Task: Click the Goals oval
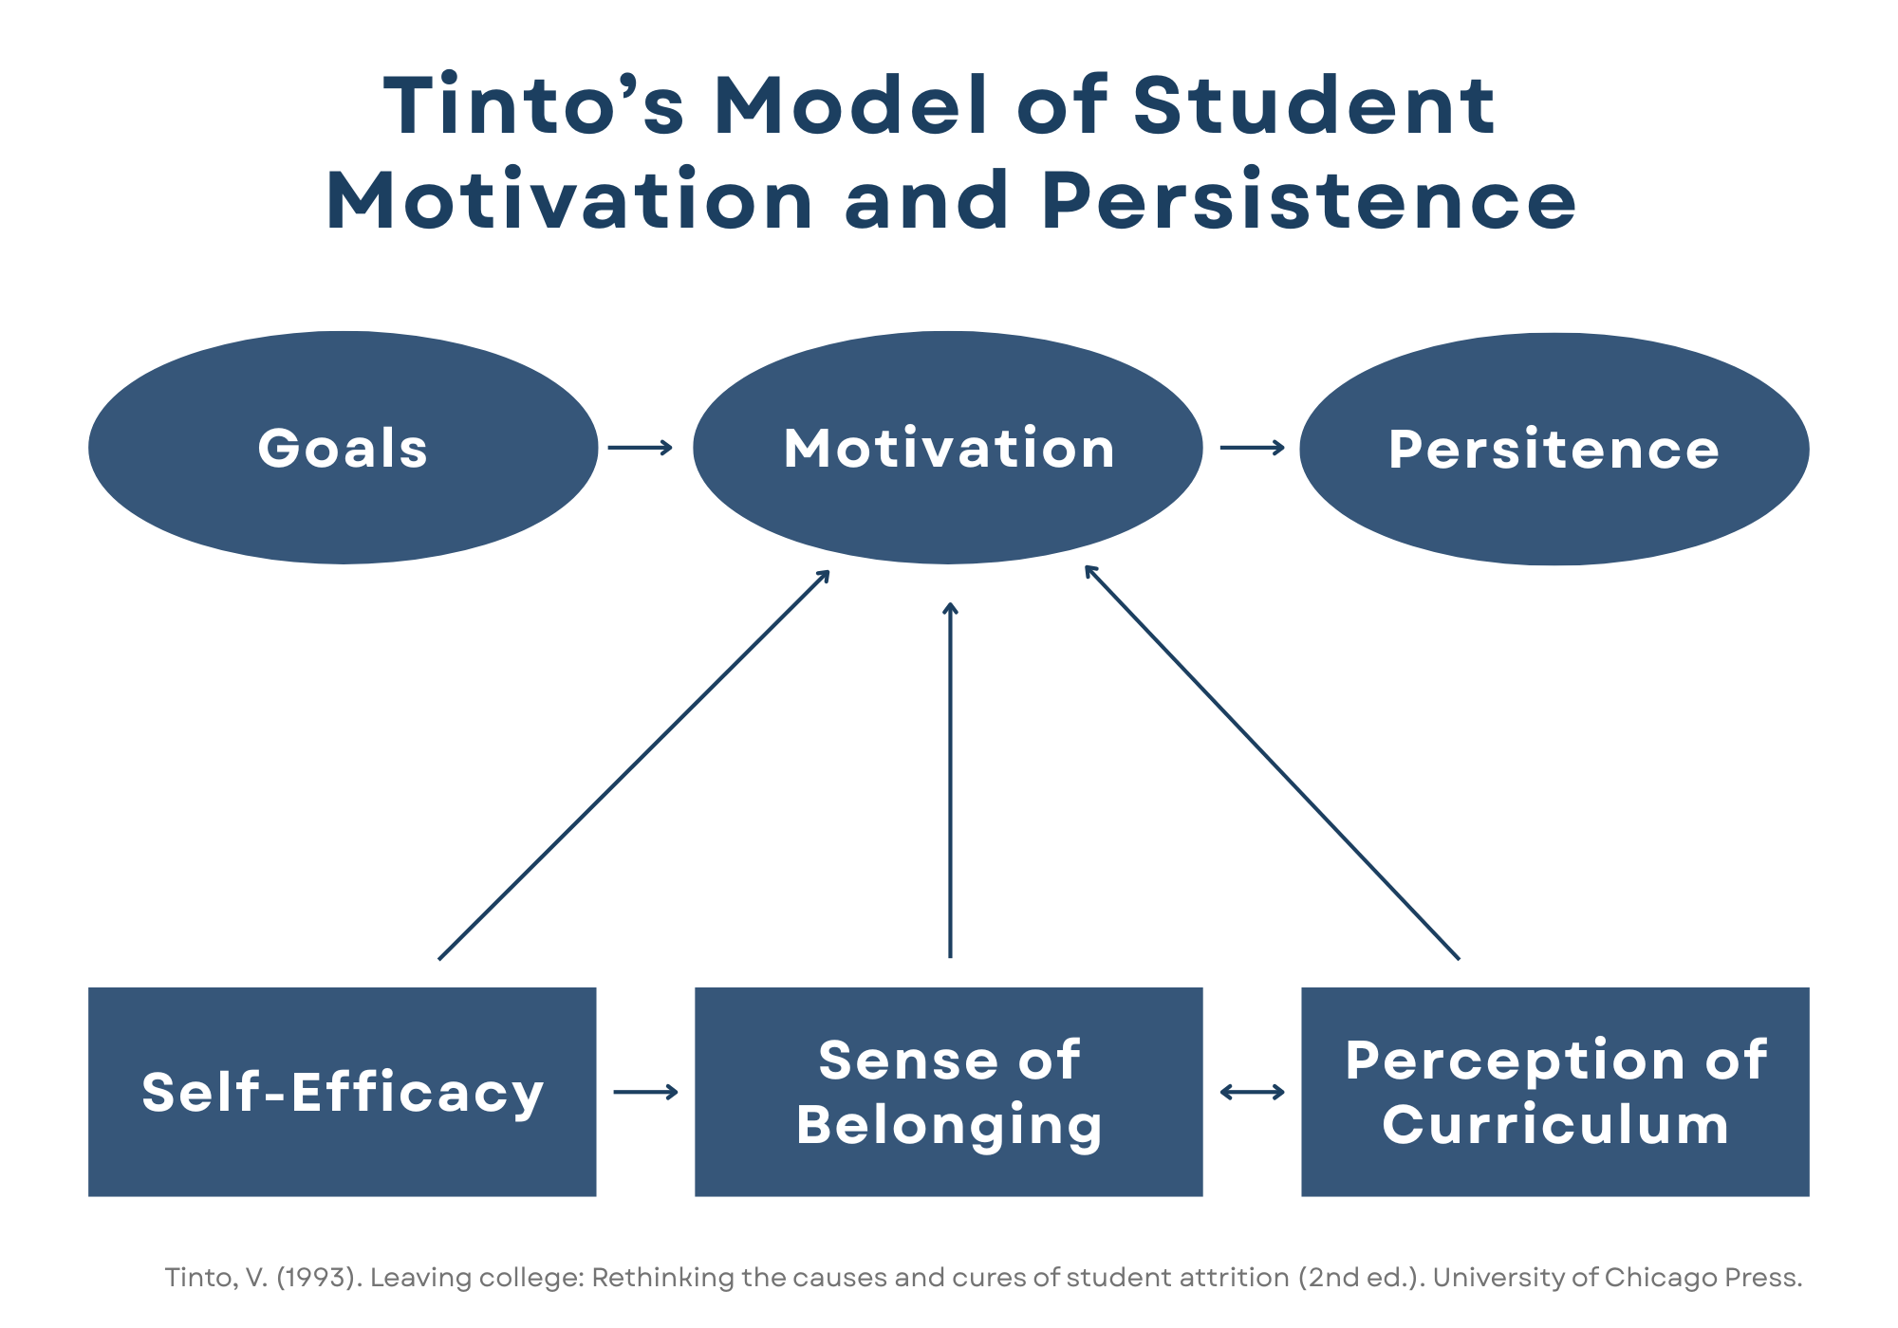pyautogui.click(x=343, y=448)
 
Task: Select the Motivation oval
pyautogui.click(x=948, y=448)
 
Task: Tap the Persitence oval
pyautogui.click(x=1554, y=449)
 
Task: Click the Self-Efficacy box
pyautogui.click(x=343, y=1092)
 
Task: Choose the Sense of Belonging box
pyautogui.click(x=948, y=1092)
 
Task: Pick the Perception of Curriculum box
pyautogui.click(x=1554, y=1092)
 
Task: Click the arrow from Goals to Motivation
pyautogui.click(x=640, y=448)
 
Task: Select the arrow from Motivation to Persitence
pyautogui.click(x=1252, y=448)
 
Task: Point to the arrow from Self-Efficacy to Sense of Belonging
pyautogui.click(x=645, y=1093)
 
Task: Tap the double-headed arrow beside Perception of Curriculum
pyautogui.click(x=1252, y=1093)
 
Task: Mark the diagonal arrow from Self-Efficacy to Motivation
pyautogui.click(x=634, y=765)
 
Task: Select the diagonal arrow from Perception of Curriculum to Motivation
pyautogui.click(x=1272, y=763)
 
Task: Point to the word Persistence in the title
pyautogui.click(x=1309, y=200)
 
